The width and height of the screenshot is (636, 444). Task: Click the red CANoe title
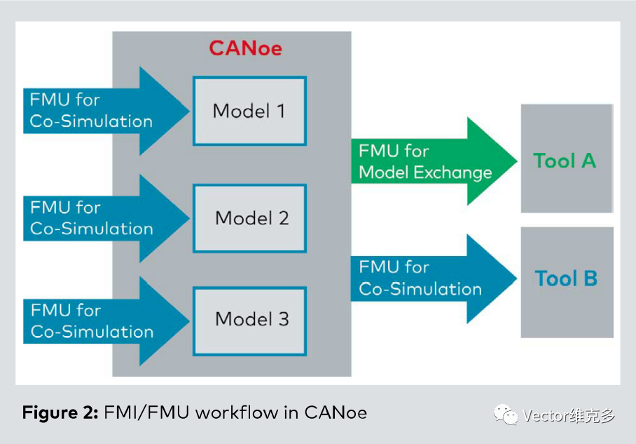245,48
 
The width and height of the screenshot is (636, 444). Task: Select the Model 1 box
249,111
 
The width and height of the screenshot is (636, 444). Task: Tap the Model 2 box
249,219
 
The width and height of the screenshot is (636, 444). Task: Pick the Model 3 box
249,321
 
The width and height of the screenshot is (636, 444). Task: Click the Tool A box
567,159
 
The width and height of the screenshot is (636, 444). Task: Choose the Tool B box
567,283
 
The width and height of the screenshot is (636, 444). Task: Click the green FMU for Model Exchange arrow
434,161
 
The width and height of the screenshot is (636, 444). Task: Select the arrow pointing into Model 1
106,111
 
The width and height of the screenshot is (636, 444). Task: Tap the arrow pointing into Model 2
106,219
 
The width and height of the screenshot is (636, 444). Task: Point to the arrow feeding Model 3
106,321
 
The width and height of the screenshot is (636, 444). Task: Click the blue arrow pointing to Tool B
434,278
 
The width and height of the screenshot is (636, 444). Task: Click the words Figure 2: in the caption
60,412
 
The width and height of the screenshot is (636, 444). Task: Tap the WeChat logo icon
506,415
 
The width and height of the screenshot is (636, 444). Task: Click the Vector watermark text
569,415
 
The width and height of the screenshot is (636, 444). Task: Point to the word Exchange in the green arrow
452,173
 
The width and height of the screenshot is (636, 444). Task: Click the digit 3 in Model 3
284,319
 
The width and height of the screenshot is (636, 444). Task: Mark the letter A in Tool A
589,161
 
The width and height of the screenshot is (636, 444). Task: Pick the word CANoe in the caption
336,412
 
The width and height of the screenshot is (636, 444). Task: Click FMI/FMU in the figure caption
147,412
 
